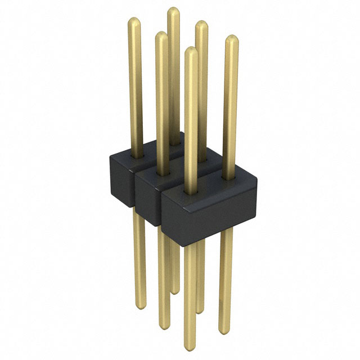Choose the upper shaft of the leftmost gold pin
tap(136, 84)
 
